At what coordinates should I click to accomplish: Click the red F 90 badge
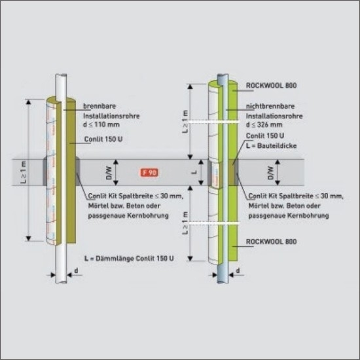(x=149, y=172)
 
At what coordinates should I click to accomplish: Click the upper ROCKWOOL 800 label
(x=271, y=85)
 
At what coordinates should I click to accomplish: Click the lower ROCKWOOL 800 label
(x=271, y=242)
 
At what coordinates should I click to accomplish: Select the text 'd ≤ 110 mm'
(x=101, y=124)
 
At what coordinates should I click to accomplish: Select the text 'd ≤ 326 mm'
(x=264, y=124)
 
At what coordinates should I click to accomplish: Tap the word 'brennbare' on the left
(x=99, y=106)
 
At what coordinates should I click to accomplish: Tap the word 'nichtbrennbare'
(x=270, y=106)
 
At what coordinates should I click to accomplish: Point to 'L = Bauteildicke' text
(x=271, y=145)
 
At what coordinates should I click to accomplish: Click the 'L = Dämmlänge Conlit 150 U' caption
(x=129, y=259)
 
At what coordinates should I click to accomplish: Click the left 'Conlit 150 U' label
(x=103, y=139)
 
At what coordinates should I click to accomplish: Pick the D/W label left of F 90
(x=109, y=173)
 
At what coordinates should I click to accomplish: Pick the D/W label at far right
(x=271, y=173)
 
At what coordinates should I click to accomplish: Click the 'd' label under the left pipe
(x=76, y=271)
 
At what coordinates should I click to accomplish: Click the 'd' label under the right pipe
(x=238, y=271)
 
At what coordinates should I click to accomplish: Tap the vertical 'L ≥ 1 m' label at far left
(x=23, y=172)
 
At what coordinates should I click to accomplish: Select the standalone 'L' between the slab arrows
(x=194, y=172)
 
